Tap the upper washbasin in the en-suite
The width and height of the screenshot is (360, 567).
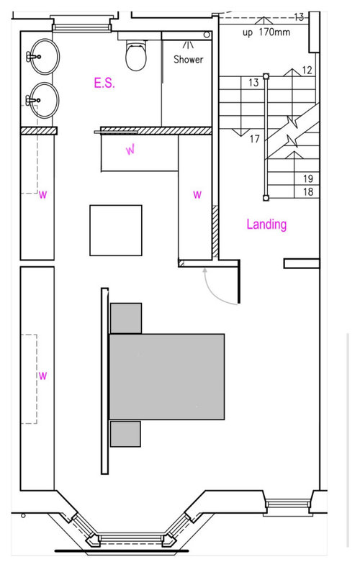point(44,56)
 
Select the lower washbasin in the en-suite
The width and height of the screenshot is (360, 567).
point(44,100)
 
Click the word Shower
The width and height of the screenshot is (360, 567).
point(188,59)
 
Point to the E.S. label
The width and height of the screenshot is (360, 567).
point(104,83)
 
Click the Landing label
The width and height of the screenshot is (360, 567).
point(266,224)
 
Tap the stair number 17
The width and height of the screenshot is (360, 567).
point(255,138)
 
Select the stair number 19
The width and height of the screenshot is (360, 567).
point(308,178)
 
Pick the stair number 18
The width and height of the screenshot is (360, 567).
point(308,191)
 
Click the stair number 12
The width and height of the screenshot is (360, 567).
point(307,70)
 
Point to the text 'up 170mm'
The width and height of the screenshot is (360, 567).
point(266,32)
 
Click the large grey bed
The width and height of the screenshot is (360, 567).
point(167,376)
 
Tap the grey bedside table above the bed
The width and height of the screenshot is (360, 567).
point(126,318)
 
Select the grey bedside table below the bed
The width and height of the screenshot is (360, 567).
point(125,434)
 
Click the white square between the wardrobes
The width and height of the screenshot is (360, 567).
point(116,230)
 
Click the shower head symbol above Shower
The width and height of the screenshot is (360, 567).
point(188,45)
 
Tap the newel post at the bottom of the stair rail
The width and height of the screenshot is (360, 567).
point(266,198)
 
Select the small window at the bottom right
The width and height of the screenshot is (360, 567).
point(289,504)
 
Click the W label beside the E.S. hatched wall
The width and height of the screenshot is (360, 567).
point(130,150)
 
